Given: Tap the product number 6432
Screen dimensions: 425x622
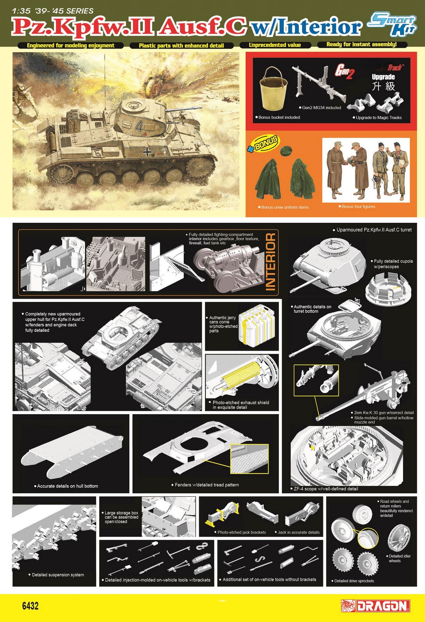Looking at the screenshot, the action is click(30, 606).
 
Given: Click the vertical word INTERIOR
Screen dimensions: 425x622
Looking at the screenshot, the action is click(271, 261).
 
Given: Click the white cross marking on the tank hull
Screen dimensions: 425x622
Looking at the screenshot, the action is click(147, 151).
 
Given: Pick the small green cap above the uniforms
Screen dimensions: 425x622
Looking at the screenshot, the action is click(285, 151).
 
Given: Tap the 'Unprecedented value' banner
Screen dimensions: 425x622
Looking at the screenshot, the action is click(275, 45).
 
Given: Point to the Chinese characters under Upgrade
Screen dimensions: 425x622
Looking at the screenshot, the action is click(383, 87).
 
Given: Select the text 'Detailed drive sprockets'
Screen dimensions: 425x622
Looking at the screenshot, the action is click(353, 581).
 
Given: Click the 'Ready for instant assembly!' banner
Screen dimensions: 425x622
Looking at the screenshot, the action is click(362, 45).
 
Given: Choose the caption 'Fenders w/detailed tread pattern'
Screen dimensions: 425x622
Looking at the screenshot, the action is click(205, 485).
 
